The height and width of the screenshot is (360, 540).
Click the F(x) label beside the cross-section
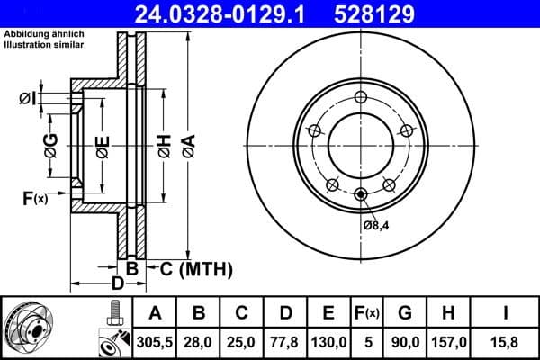pos(34,198)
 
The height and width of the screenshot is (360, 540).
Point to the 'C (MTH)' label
pos(196,268)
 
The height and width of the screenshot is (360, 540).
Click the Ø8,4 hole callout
pos(375,225)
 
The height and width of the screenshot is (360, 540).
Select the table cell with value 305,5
pos(156,342)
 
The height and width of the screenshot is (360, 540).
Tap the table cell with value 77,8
pos(285,342)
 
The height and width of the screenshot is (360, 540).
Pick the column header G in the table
pos(404,313)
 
